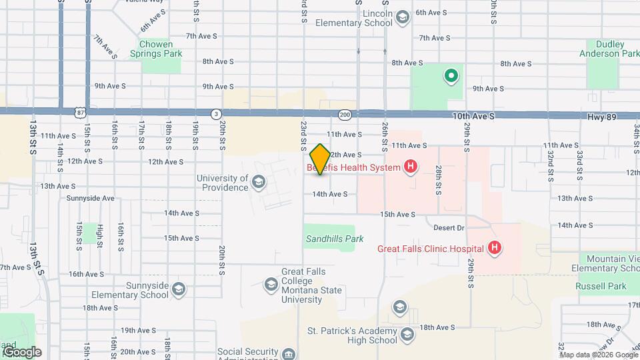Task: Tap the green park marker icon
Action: (451, 76)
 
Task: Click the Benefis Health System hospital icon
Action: (411, 167)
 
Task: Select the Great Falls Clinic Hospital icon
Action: (495, 249)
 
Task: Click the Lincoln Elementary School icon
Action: (402, 17)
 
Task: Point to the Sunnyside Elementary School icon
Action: (178, 290)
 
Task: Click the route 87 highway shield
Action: (80, 113)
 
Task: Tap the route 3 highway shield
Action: (216, 114)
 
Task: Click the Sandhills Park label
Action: (325, 238)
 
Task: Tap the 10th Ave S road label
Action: (473, 116)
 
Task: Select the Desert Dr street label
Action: (448, 227)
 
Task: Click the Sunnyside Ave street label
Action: (91, 198)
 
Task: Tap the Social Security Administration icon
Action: (288, 353)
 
